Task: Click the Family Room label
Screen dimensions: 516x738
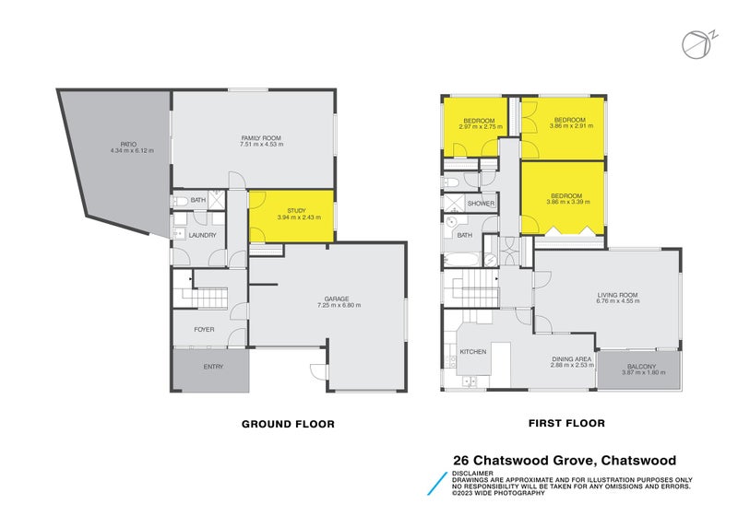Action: coord(260,138)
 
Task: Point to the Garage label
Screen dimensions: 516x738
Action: coord(336,299)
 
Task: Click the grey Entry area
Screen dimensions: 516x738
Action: coord(213,369)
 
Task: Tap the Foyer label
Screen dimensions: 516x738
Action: coord(204,329)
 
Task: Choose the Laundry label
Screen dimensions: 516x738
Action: coord(202,235)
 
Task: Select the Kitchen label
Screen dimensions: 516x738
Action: coord(473,352)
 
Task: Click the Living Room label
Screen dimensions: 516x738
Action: coord(618,295)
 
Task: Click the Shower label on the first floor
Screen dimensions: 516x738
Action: coord(482,204)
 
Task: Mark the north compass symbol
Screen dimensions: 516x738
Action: coord(699,43)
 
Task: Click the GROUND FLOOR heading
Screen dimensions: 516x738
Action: coord(288,424)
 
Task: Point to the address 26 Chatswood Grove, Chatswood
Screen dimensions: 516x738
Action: coord(565,460)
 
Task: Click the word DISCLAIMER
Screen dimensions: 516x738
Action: coord(471,474)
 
